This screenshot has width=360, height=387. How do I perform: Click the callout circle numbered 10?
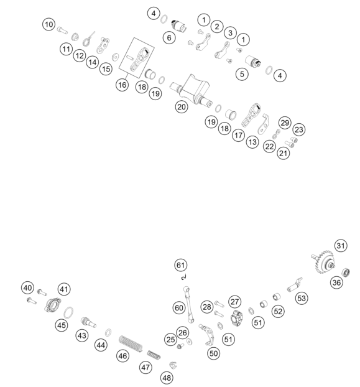click(x=49, y=24)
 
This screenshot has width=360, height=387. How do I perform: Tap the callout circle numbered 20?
click(x=182, y=107)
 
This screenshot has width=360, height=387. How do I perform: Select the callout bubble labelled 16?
click(x=122, y=85)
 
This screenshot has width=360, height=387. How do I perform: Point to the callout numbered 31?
click(x=341, y=246)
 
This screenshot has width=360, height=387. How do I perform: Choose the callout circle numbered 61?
click(x=181, y=265)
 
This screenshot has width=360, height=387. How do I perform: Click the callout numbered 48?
click(x=167, y=378)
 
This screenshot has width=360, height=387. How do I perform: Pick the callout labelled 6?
click(x=169, y=38)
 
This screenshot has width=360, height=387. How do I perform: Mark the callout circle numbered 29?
click(x=285, y=123)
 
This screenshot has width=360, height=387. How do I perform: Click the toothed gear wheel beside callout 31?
click(x=323, y=262)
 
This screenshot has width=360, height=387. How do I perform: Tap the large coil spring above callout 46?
click(x=131, y=343)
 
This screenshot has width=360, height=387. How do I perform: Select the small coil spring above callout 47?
click(x=154, y=355)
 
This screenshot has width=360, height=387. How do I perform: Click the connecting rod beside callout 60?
click(x=188, y=305)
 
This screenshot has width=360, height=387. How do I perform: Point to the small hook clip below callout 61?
click(x=183, y=277)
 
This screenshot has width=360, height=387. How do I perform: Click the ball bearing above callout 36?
click(x=346, y=273)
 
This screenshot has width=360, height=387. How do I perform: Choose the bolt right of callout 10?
click(x=62, y=30)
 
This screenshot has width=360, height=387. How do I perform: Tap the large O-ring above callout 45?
click(x=68, y=313)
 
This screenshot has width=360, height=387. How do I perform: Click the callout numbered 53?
click(x=302, y=298)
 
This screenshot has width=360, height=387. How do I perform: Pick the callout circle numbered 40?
click(x=27, y=288)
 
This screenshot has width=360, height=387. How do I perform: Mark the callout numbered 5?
click(x=242, y=74)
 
